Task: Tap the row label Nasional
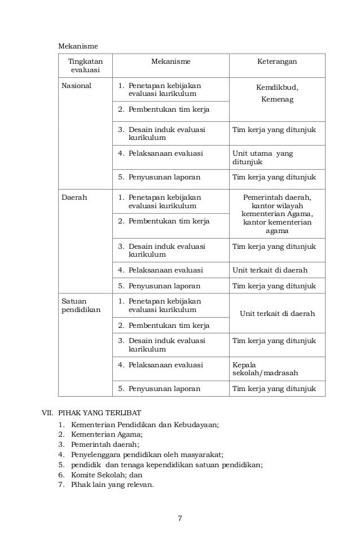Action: click(x=76, y=86)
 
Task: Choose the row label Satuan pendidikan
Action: click(x=77, y=305)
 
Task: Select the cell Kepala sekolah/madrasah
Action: click(x=265, y=369)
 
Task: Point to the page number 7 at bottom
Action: click(x=180, y=519)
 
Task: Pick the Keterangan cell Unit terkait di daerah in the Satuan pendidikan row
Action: click(x=277, y=314)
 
